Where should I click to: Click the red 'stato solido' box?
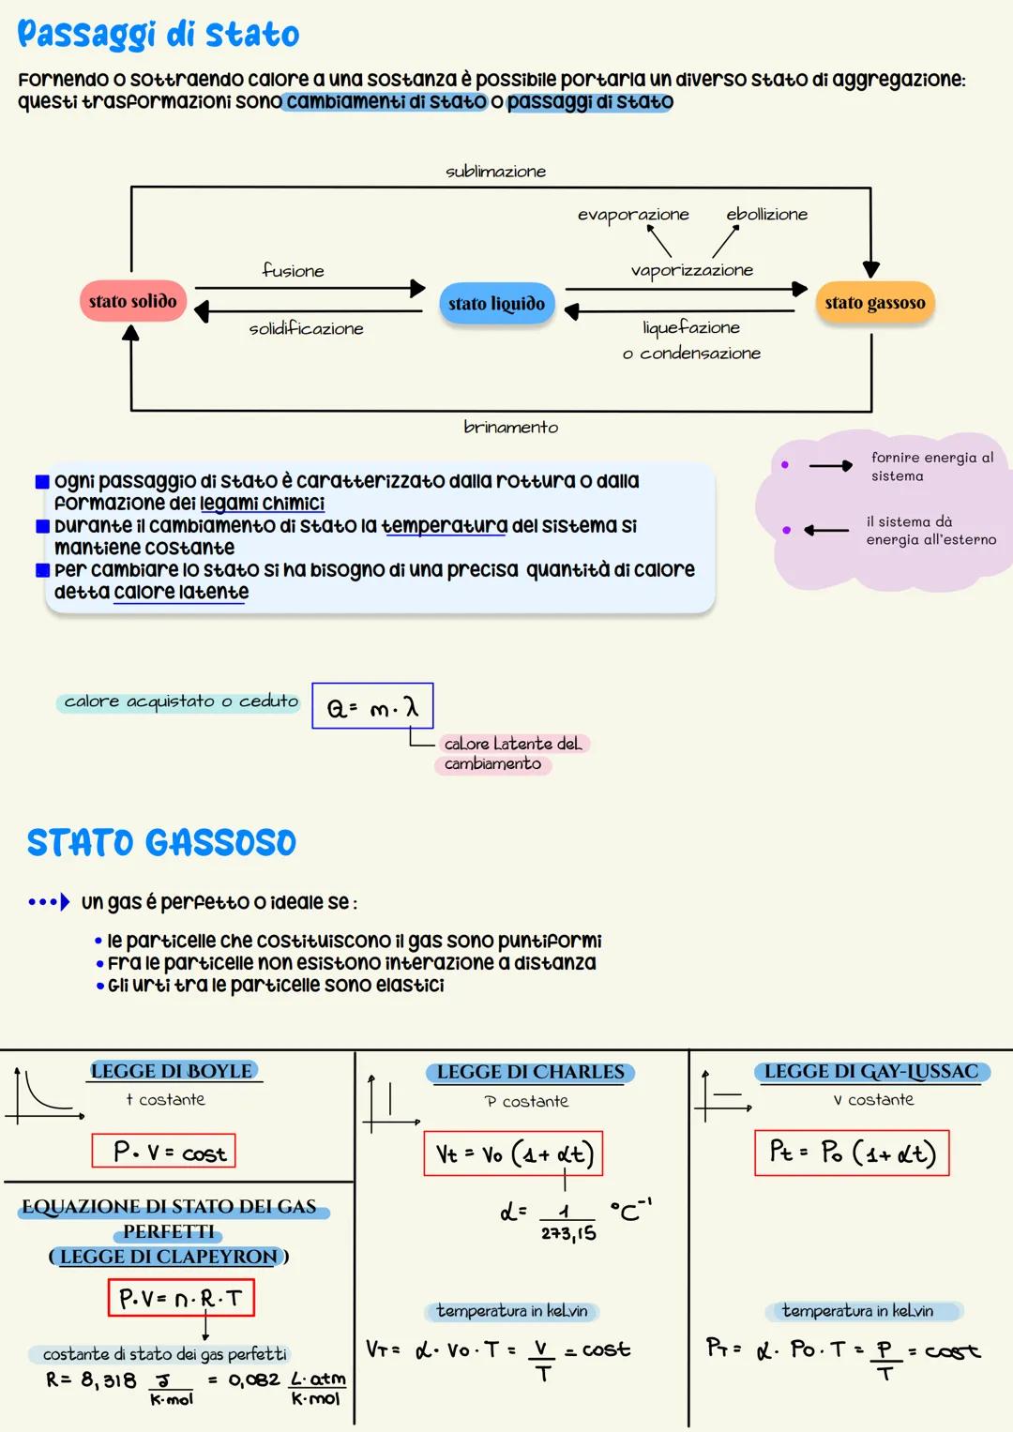point(133,302)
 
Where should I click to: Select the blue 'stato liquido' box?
point(496,304)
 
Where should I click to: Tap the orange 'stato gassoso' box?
point(875,303)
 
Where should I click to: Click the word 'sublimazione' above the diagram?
point(495,172)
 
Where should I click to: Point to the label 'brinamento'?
point(510,428)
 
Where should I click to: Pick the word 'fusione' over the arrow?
point(294,271)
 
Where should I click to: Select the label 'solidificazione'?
point(306,329)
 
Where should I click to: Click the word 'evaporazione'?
point(633,215)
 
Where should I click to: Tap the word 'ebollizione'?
point(766,215)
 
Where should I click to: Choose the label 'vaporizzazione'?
point(692,270)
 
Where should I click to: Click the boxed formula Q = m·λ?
point(372,707)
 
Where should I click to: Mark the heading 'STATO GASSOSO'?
point(161,843)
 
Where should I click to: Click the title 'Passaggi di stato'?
point(159,36)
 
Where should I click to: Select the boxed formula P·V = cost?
point(164,1152)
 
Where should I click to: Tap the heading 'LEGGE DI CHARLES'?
point(531,1072)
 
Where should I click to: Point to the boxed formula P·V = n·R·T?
point(181,1298)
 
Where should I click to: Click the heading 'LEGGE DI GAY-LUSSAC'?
point(871,1071)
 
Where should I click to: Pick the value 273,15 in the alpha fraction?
point(568,1233)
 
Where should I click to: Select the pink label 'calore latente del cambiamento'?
point(512,754)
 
